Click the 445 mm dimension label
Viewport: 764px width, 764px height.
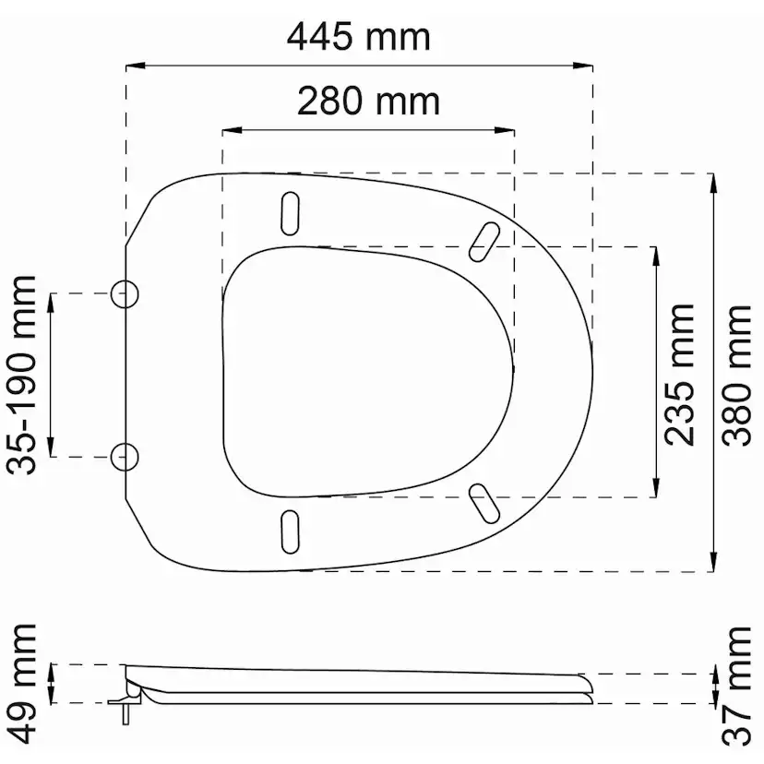point(359,37)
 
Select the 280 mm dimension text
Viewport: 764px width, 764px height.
point(368,101)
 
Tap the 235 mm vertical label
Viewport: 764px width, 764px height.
point(679,375)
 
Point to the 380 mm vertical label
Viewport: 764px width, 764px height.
point(736,376)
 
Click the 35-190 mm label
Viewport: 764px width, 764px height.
point(21,375)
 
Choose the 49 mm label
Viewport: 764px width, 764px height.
point(21,684)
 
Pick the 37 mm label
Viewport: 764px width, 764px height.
point(736,686)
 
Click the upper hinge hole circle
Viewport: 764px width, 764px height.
point(125,293)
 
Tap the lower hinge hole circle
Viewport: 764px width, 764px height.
point(125,457)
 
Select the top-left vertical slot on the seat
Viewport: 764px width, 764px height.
point(290,213)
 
